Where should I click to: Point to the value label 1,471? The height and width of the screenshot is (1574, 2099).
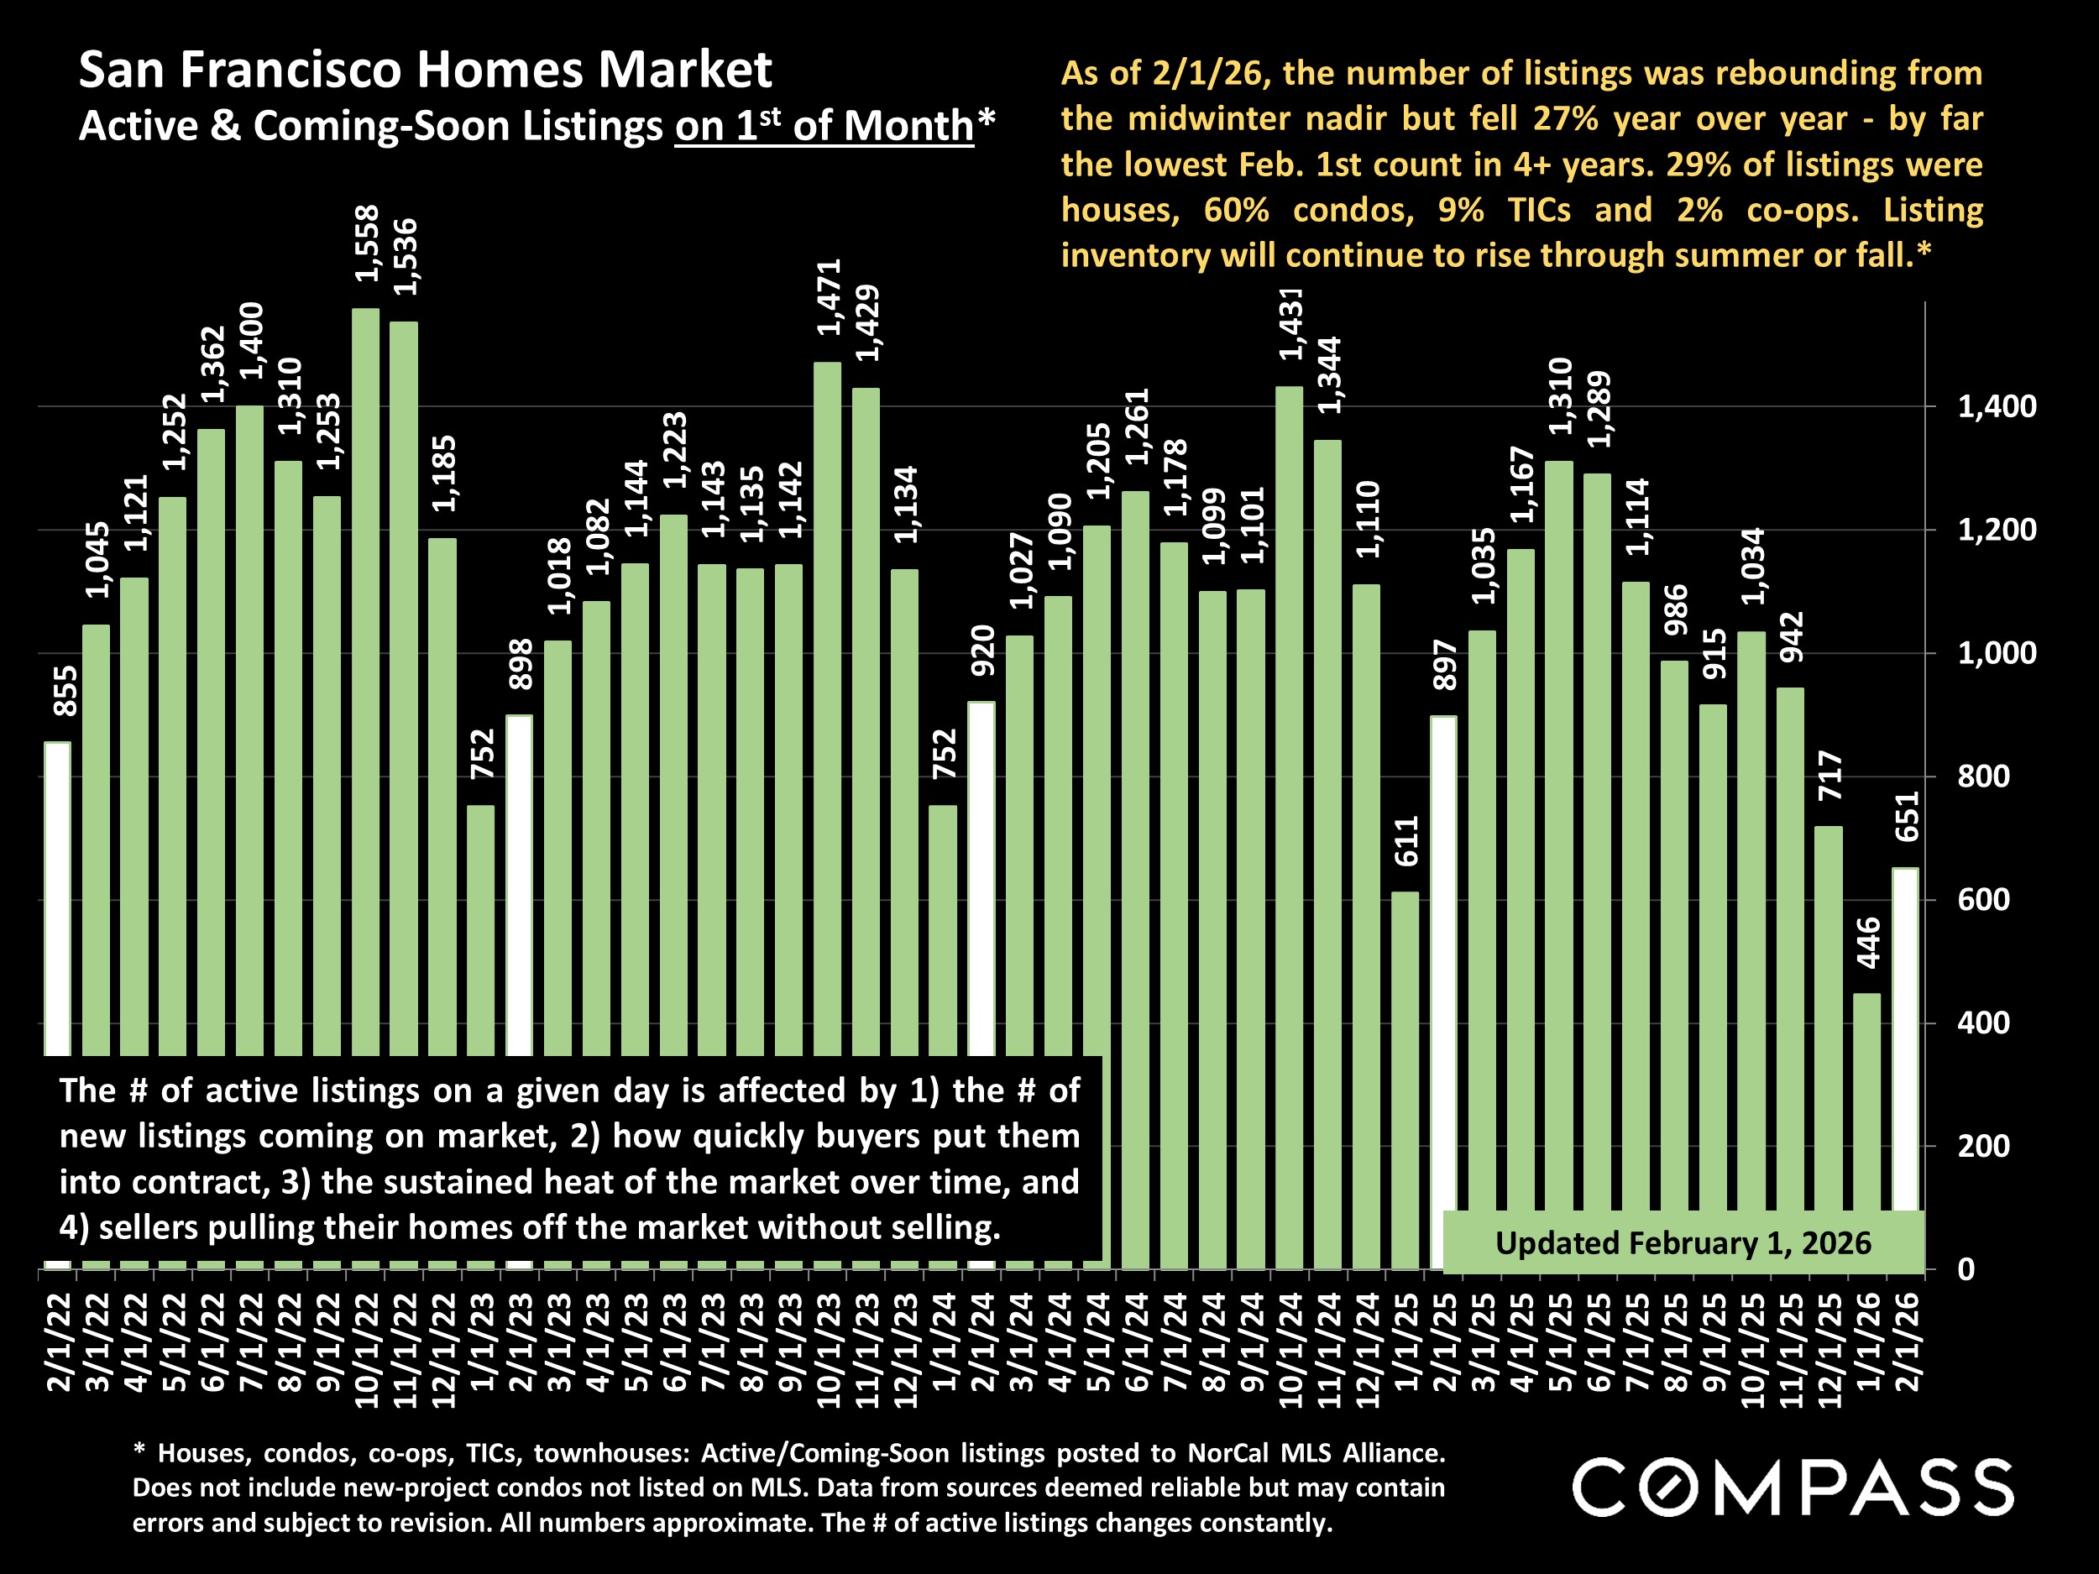830,297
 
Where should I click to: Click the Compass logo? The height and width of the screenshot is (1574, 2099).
1793,1487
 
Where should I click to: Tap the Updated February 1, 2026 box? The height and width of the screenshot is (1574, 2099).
1683,1243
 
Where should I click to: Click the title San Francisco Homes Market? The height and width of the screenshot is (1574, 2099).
425,71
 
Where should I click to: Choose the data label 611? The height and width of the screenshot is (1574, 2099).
1405,840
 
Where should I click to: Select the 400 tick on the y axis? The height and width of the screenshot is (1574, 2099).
1983,1023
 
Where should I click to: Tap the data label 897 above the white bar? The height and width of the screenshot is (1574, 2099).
1444,664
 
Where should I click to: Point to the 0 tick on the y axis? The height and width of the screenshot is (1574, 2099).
1966,1269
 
